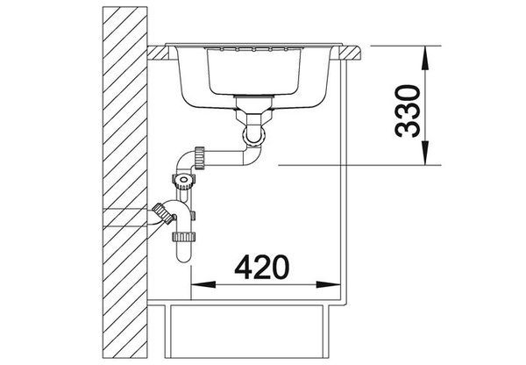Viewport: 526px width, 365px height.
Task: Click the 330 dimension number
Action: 408,111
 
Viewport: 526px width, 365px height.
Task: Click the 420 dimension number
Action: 261,268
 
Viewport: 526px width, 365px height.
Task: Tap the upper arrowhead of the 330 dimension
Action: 425,58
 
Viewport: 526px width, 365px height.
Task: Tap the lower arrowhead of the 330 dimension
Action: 425,154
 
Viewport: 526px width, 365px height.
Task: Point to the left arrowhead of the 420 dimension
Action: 203,284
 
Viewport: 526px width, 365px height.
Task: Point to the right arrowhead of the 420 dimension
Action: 329,284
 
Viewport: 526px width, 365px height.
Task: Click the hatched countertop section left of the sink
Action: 158,53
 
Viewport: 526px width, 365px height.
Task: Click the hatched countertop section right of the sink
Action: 350,53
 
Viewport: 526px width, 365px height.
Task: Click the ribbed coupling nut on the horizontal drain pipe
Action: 199,158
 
